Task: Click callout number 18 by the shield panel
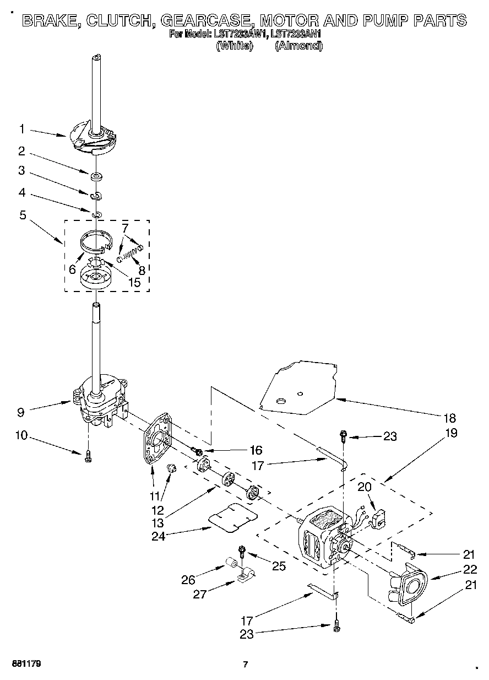pyautogui.click(x=451, y=417)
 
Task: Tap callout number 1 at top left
pyautogui.click(x=22, y=129)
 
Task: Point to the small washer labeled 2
pyautogui.click(x=96, y=176)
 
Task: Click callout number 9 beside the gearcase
pyautogui.click(x=21, y=411)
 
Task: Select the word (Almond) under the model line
pyautogui.click(x=298, y=46)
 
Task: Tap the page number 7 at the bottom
pyautogui.click(x=244, y=665)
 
